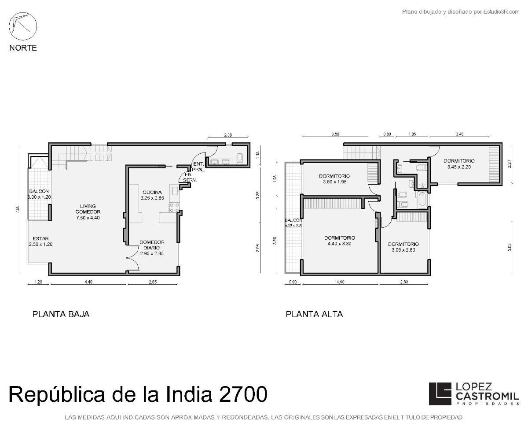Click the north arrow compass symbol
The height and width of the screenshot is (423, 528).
point(23,26)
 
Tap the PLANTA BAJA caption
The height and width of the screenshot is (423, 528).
point(61,314)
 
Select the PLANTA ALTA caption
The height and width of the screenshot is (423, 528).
point(314,314)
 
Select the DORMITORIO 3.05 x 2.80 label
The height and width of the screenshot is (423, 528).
point(403,247)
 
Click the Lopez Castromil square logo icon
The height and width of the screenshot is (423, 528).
point(440,393)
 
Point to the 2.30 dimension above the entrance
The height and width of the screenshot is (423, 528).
point(227,135)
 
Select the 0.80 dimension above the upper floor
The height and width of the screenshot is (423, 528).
point(387,134)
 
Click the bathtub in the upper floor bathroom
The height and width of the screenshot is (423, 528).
point(421,199)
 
